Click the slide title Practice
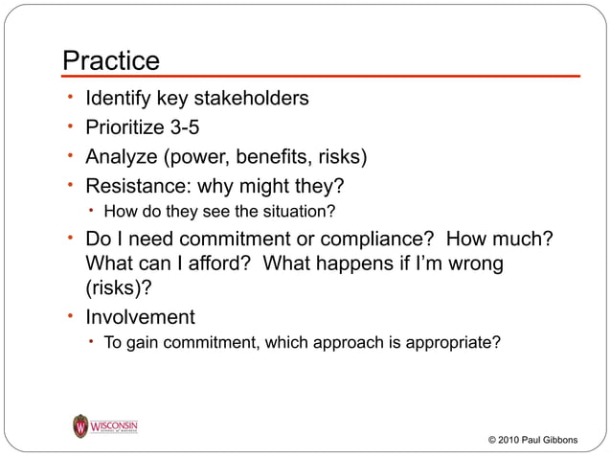click(x=110, y=60)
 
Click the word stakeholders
click(x=253, y=99)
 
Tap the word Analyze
click(x=121, y=156)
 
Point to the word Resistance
click(x=132, y=185)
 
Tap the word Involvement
click(x=140, y=317)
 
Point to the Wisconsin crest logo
click(x=80, y=425)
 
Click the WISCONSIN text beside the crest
click(x=115, y=423)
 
